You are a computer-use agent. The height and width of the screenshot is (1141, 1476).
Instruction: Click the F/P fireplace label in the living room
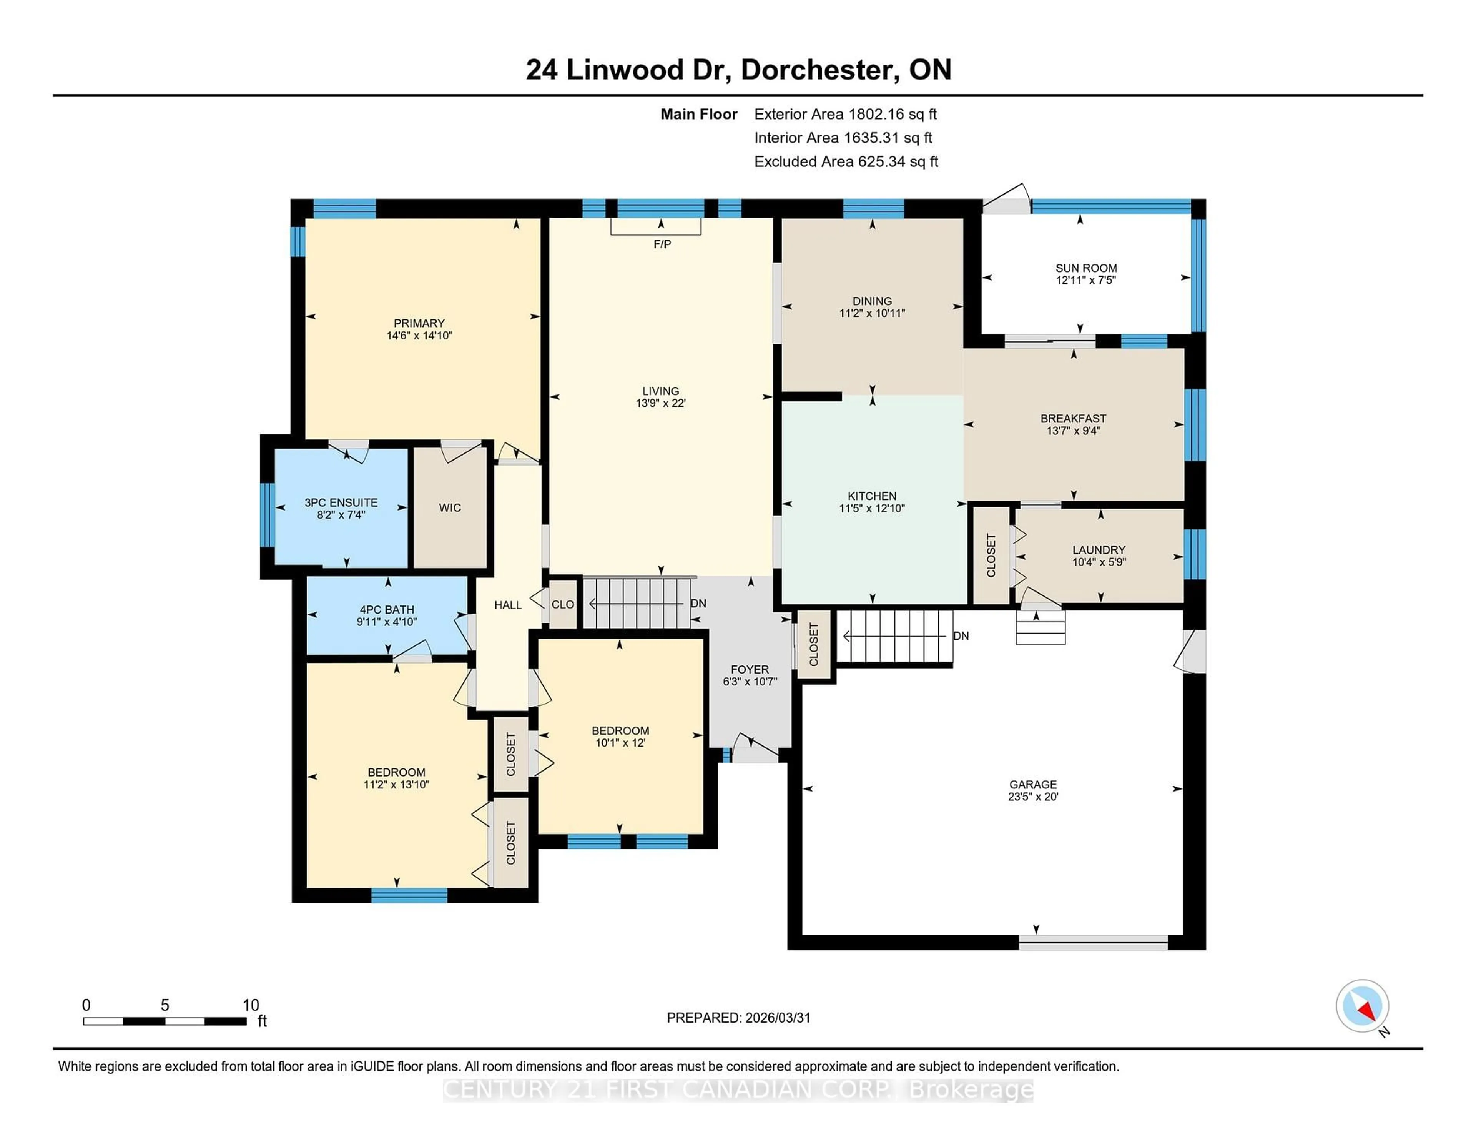662,244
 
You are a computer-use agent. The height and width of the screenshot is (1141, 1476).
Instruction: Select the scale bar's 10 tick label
251,1005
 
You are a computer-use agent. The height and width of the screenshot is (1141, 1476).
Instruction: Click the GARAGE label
1033,784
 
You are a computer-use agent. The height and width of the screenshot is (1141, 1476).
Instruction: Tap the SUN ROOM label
1085,268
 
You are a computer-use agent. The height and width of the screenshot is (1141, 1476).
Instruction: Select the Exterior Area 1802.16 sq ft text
846,114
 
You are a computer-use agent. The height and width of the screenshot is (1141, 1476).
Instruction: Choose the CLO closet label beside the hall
562,604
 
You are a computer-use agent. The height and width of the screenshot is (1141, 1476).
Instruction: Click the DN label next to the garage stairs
961,636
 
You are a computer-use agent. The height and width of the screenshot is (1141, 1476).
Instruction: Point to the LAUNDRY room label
1099,549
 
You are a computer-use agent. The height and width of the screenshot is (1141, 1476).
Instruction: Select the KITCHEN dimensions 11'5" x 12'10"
872,508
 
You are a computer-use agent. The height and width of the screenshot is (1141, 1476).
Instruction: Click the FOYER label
750,669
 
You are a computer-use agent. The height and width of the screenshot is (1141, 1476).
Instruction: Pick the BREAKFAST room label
1073,418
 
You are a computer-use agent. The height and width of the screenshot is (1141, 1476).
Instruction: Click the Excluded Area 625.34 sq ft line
846,161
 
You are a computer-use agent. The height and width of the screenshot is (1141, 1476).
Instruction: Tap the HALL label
507,605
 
